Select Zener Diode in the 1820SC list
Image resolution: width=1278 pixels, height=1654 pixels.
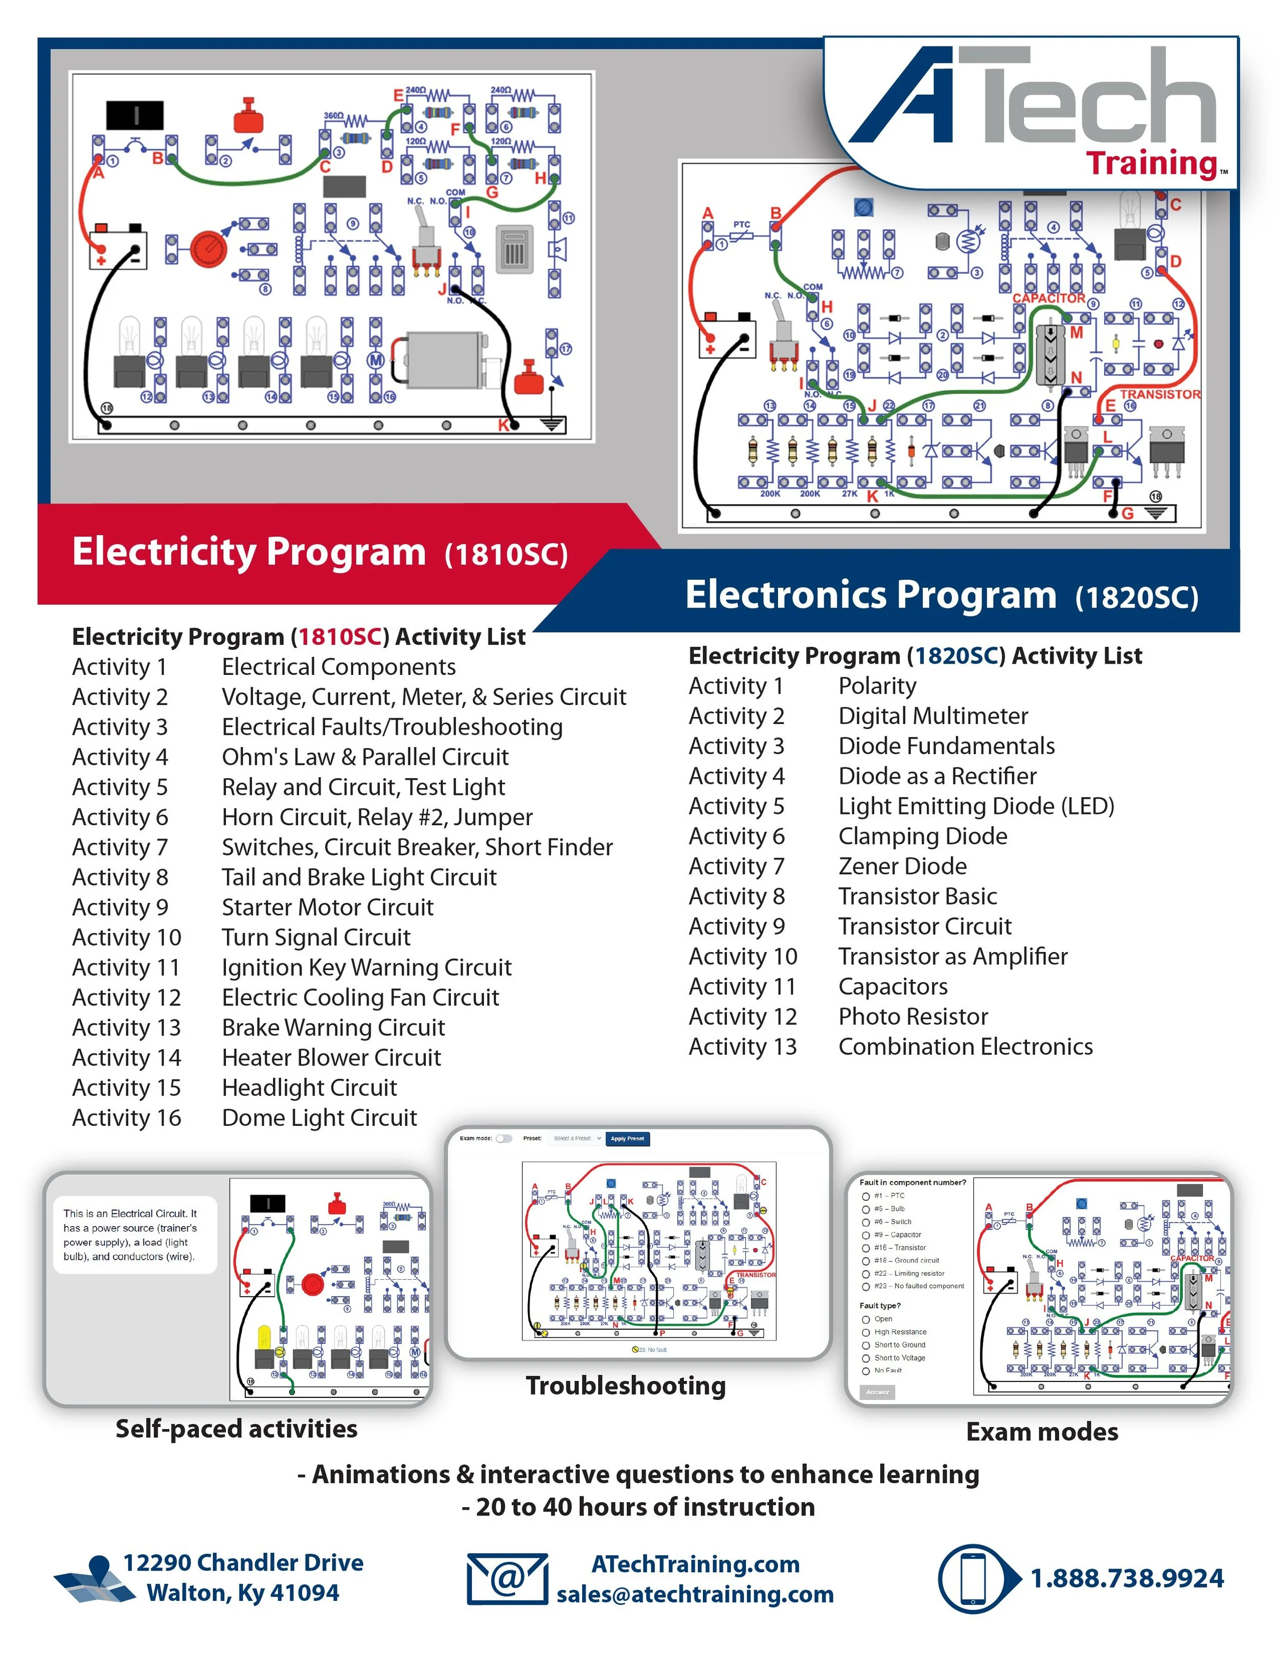(x=902, y=866)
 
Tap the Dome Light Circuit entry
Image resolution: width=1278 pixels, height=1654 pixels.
(x=319, y=1117)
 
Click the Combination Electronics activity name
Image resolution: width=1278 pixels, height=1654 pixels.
(x=965, y=1046)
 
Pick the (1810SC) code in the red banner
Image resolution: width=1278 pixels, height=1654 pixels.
(x=506, y=554)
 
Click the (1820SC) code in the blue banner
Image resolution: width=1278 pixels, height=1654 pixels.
(x=1136, y=598)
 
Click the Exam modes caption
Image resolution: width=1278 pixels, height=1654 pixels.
(x=1042, y=1432)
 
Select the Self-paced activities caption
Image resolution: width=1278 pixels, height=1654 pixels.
(x=236, y=1429)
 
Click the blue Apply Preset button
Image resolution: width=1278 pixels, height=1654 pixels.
(x=628, y=1138)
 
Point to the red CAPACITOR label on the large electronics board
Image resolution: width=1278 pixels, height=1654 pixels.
(x=1048, y=299)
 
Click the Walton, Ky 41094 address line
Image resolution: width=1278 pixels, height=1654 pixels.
(x=242, y=1593)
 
